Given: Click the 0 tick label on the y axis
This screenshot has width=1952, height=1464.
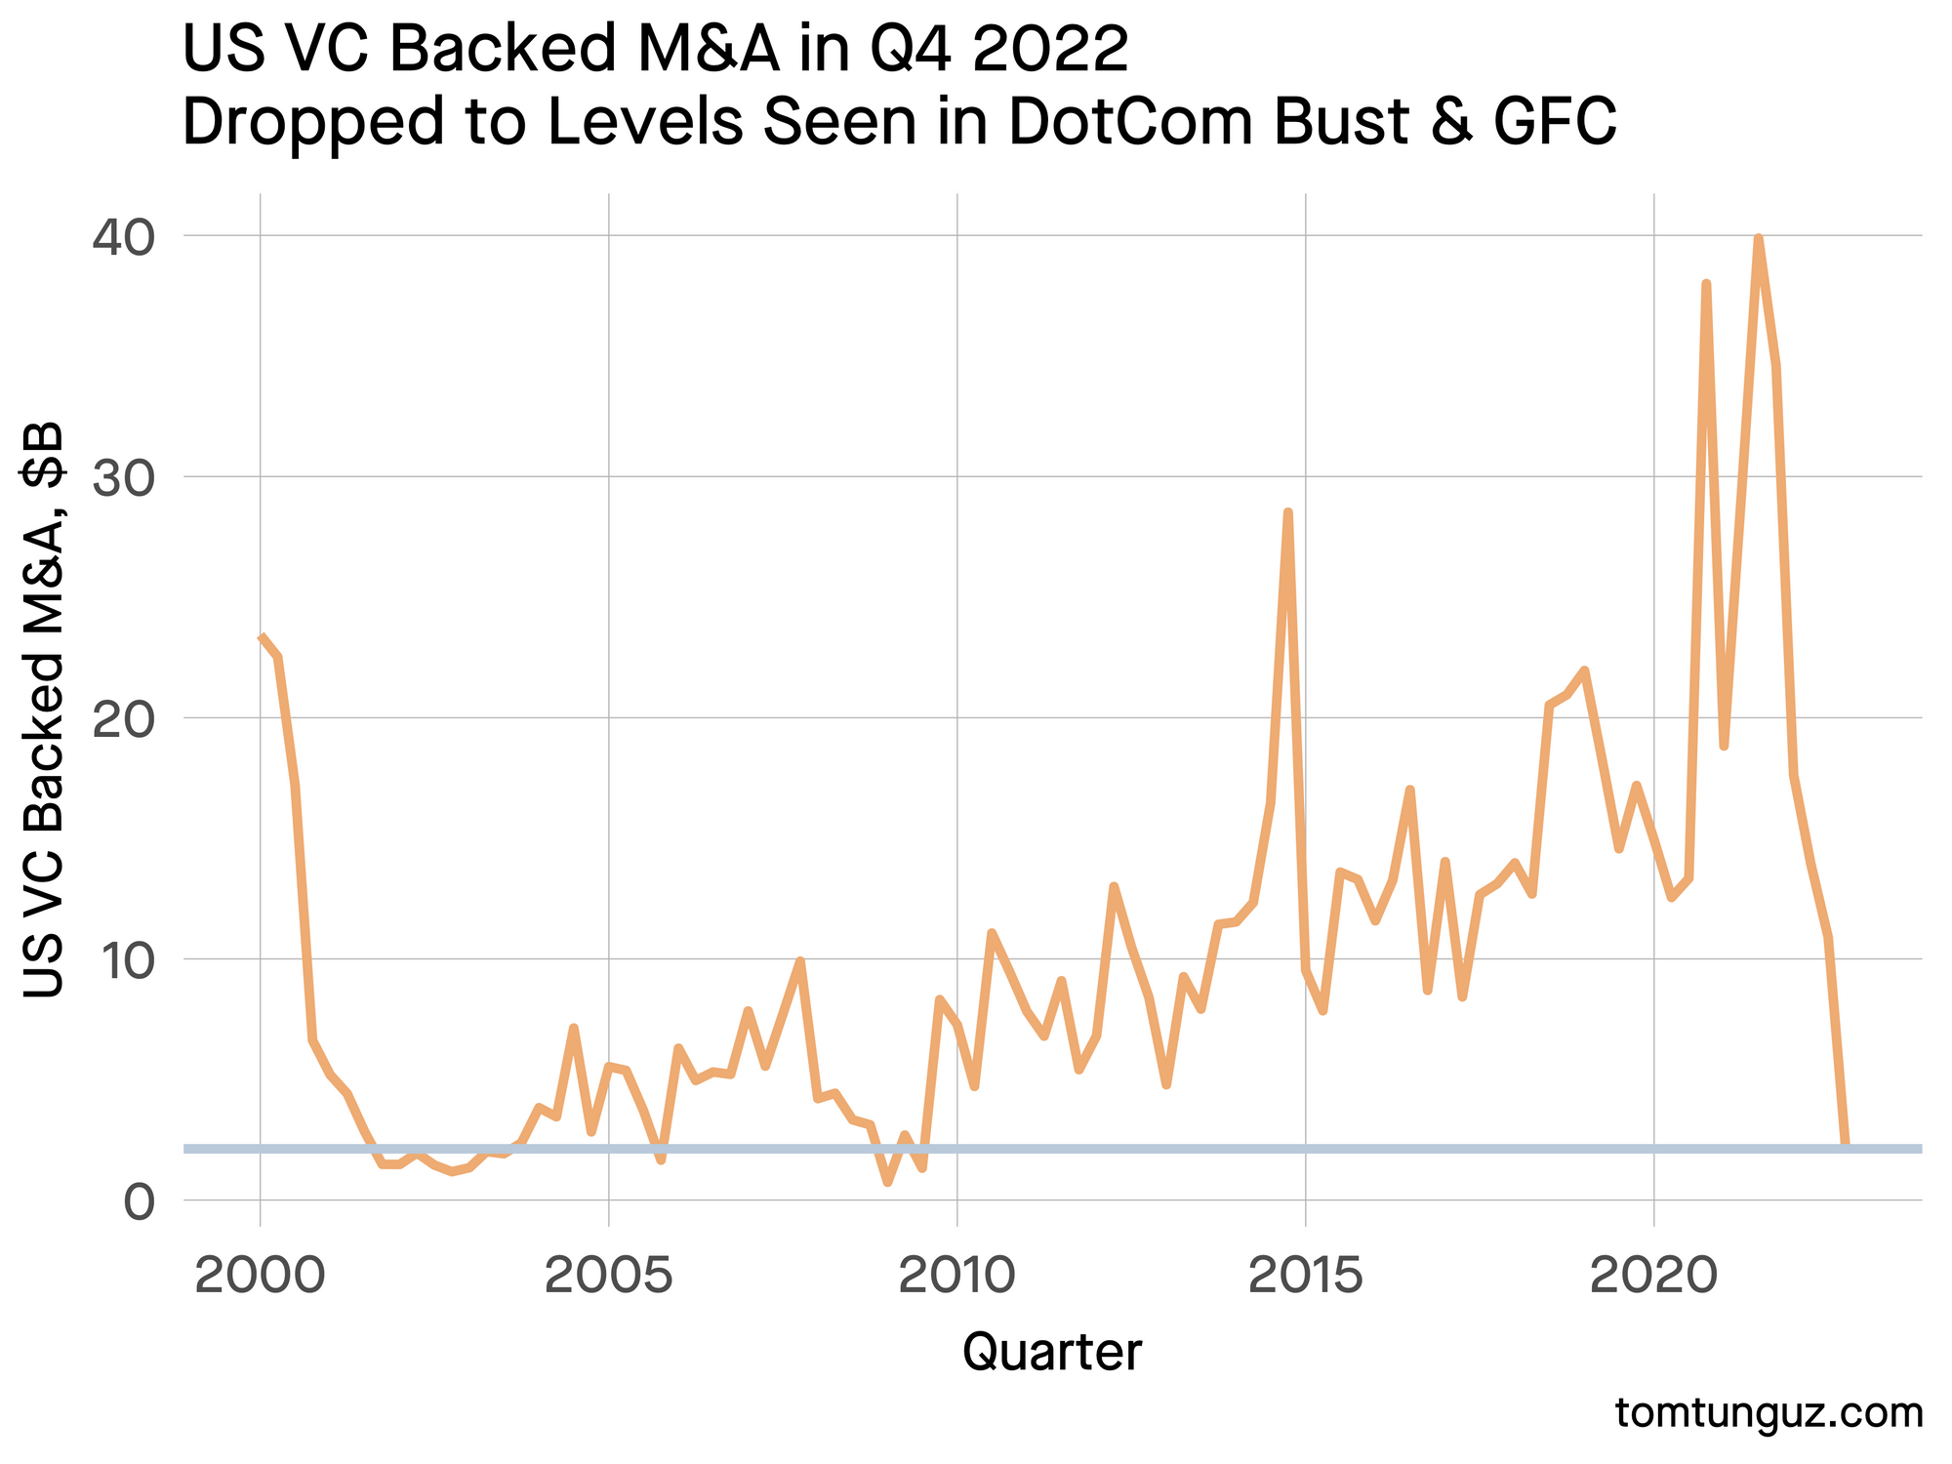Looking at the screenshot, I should [x=140, y=1201].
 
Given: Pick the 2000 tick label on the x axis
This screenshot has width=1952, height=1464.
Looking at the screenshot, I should [x=260, y=1277].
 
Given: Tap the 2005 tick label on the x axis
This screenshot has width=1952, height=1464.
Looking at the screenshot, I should [x=609, y=1277].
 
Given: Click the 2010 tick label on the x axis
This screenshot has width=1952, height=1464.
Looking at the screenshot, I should [x=957, y=1277].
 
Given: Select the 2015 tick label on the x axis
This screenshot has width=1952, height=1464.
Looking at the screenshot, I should [x=1306, y=1277].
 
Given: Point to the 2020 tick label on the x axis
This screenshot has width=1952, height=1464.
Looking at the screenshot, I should [x=1654, y=1277].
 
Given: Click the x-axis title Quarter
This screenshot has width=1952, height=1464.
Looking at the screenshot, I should [x=1052, y=1353].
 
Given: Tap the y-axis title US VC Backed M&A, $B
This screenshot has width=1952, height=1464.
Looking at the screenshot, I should [x=44, y=710].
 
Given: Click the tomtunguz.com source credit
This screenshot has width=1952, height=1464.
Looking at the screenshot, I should [x=1769, y=1413].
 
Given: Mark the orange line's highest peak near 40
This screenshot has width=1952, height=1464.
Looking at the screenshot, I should [x=1758, y=238].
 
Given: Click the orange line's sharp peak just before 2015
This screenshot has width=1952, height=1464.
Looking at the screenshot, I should [x=1287, y=512].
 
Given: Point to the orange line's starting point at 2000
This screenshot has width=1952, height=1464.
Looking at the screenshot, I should [x=261, y=637].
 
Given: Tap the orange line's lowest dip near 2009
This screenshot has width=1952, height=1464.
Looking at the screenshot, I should [x=887, y=1182].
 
